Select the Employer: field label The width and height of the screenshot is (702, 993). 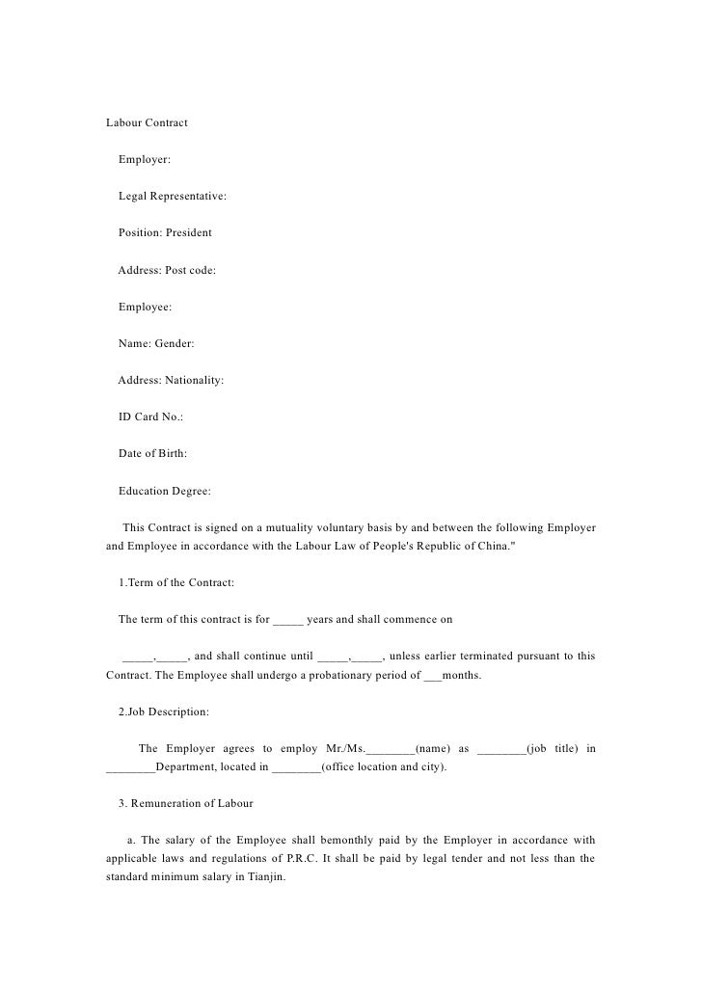coord(144,160)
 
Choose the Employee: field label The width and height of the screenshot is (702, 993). coord(145,307)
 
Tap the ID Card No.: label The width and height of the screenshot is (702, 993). coord(150,416)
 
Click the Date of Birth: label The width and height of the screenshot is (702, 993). coord(152,453)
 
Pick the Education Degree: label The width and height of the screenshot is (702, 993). coord(164,491)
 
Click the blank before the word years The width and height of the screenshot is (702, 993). coord(287,620)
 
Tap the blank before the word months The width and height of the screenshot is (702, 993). coord(431,676)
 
